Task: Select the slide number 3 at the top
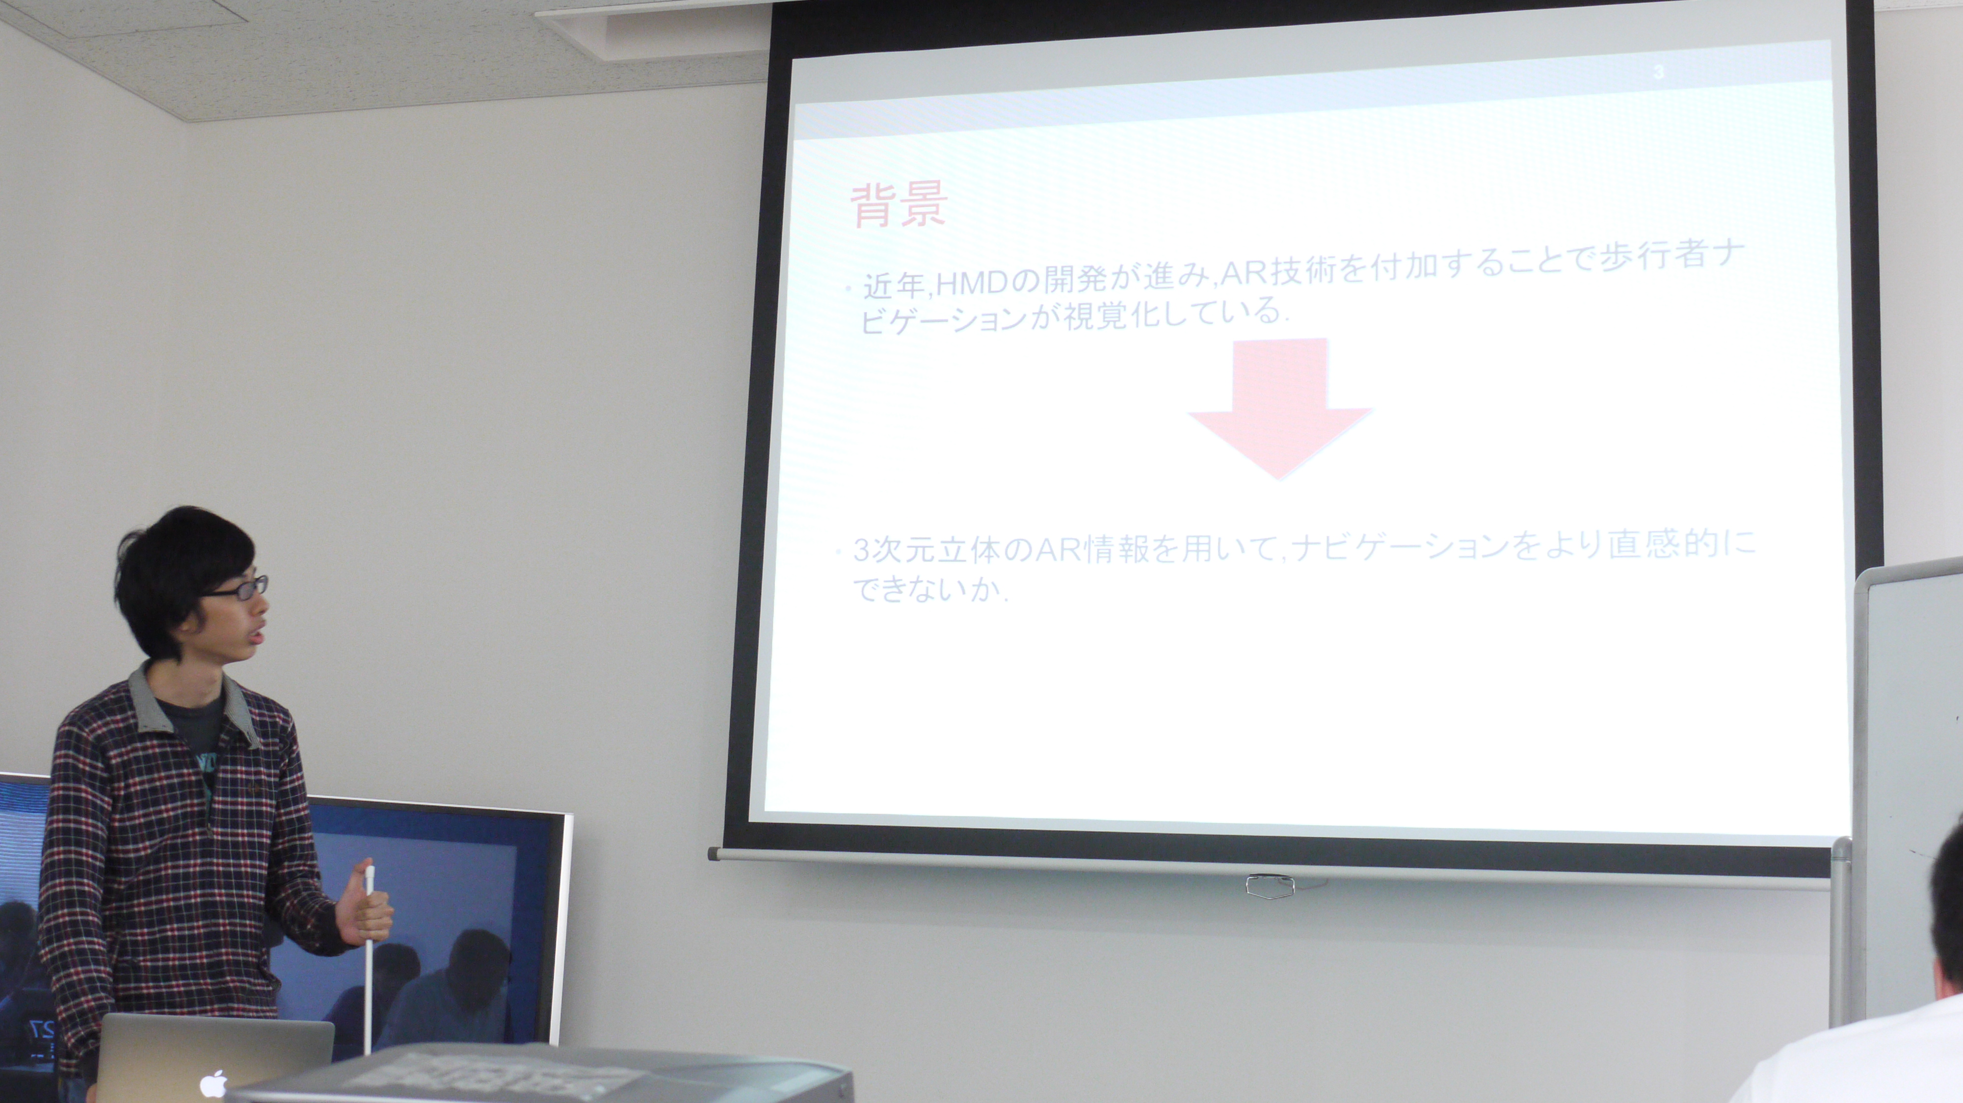pyautogui.click(x=1658, y=72)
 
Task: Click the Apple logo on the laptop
pyautogui.click(x=214, y=1083)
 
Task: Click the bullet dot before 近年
pyautogui.click(x=849, y=288)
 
